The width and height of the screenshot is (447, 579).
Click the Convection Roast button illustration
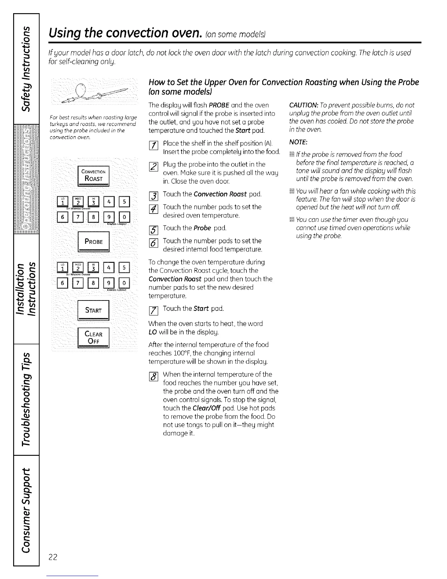click(x=93, y=175)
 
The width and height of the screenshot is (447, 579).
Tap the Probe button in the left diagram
click(x=93, y=242)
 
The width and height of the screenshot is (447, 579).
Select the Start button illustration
click(x=93, y=310)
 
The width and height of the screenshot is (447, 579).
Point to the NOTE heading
click(x=297, y=141)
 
